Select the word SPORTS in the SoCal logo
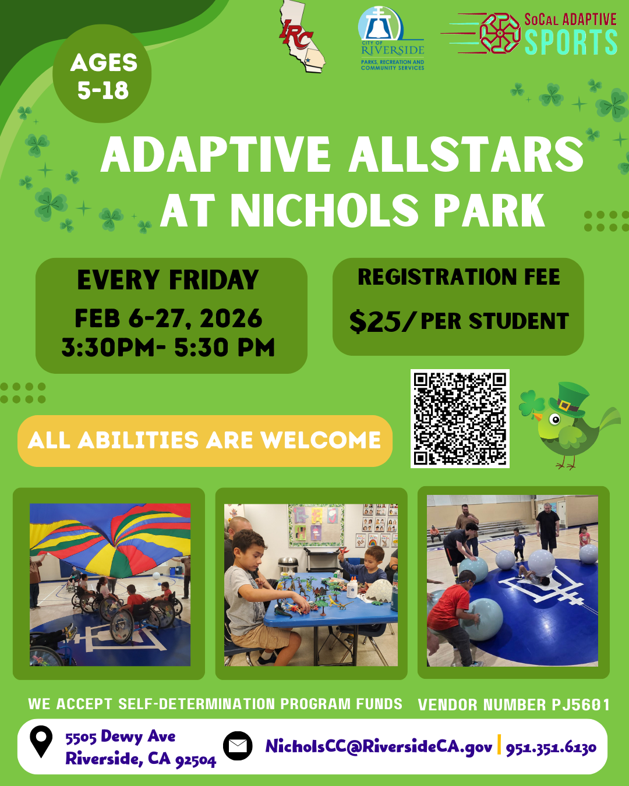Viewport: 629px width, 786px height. click(571, 43)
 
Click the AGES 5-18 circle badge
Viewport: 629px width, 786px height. click(103, 75)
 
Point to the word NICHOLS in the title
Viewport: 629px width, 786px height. click(324, 210)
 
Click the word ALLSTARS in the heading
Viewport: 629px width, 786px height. click(465, 155)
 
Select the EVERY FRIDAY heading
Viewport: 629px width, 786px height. click(168, 280)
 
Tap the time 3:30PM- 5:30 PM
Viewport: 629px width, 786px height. click(168, 348)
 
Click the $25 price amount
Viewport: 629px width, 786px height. click(375, 321)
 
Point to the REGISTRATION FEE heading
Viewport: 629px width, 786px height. click(458, 277)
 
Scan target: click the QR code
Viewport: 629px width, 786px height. click(460, 418)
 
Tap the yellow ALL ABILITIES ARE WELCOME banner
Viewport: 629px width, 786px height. click(204, 441)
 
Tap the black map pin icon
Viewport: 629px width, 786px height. click(41, 742)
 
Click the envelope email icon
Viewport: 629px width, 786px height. click(238, 746)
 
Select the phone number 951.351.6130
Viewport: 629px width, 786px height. click(551, 748)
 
